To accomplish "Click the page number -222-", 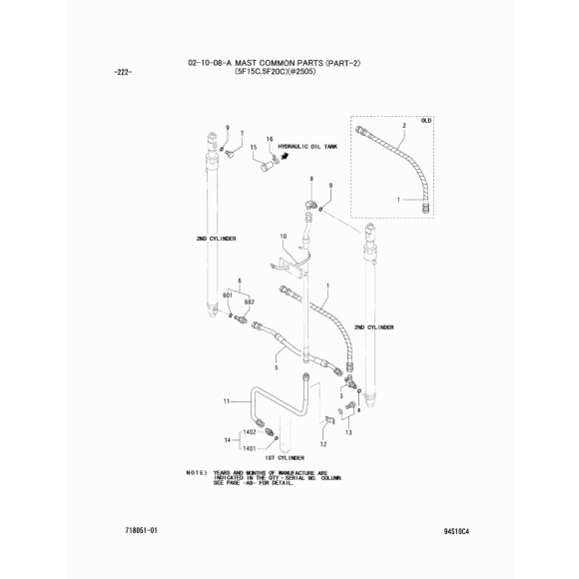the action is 122,72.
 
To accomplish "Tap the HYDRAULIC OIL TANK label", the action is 307,147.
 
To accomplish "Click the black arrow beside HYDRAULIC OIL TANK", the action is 285,157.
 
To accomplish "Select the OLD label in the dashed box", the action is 426,121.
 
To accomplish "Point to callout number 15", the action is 254,148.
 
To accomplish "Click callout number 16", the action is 270,139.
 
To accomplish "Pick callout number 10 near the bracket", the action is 284,236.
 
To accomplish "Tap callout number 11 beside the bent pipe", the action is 227,401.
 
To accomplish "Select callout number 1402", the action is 250,431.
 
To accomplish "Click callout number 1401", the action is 250,448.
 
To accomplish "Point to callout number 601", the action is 228,295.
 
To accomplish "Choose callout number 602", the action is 250,302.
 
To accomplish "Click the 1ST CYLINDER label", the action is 285,458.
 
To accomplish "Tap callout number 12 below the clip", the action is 323,444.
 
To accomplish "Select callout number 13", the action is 348,432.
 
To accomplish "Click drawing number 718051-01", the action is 142,531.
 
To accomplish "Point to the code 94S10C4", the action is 456,532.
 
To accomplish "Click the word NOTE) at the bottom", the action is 196,473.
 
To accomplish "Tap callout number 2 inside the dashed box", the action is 404,126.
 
